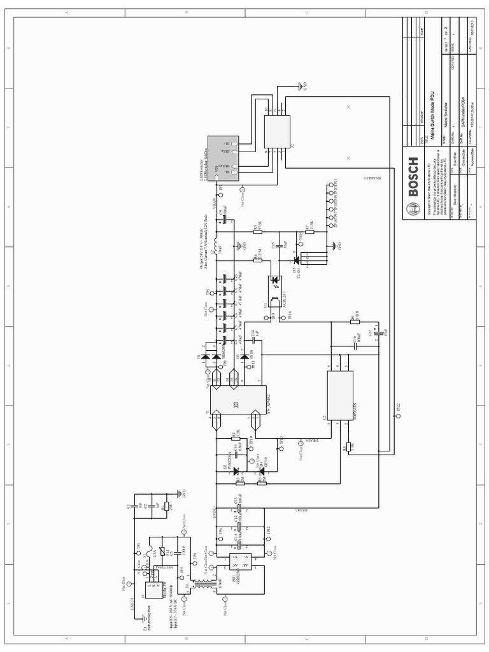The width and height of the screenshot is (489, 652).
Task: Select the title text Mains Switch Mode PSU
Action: tap(432, 115)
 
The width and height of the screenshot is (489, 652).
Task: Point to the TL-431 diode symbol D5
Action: tap(296, 260)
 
